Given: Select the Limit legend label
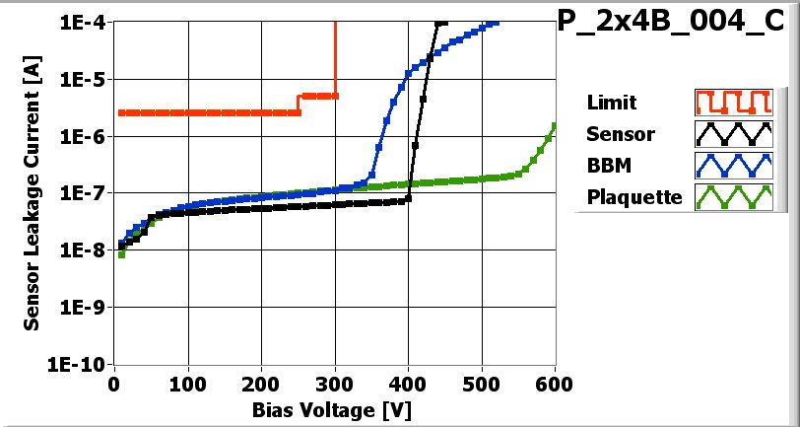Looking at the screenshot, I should point(611,103).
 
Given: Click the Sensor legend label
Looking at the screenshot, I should point(620,133).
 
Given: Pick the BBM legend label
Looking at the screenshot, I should point(608,165).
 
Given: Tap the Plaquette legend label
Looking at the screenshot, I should point(634,196).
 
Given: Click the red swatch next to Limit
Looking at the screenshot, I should point(730,103).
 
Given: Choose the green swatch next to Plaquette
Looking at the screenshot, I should point(730,196).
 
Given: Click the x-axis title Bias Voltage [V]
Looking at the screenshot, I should point(335,407).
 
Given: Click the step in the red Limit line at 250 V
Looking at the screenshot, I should point(300,104).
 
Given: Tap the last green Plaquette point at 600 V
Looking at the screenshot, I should point(554,125).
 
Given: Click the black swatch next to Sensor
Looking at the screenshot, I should point(730,133).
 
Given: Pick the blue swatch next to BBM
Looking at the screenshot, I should point(730,165).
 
